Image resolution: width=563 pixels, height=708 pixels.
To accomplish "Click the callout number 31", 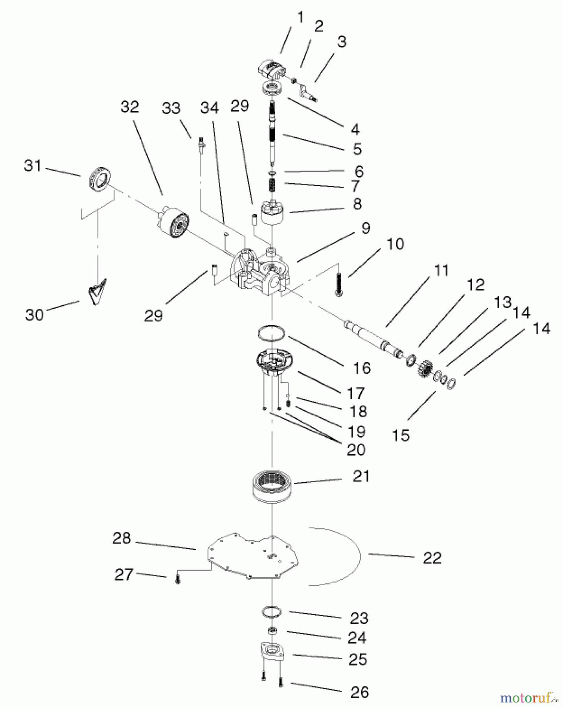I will click(x=33, y=166).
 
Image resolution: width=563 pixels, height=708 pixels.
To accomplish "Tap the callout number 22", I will click(x=432, y=558).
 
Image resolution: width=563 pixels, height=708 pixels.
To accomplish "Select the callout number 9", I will click(x=366, y=228).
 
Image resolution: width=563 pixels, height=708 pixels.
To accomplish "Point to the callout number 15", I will click(x=401, y=435).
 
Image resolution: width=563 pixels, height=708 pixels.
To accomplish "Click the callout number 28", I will click(x=121, y=538).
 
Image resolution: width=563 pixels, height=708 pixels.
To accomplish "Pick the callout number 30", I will click(x=34, y=315).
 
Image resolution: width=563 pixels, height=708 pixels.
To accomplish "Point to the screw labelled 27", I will click(x=177, y=579).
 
